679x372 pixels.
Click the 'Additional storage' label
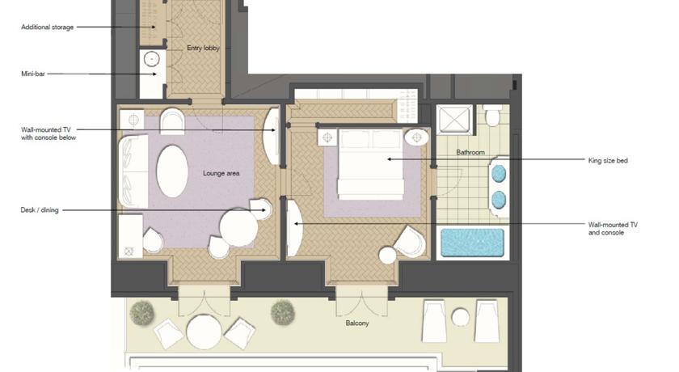(x=47, y=27)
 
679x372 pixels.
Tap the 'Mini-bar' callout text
(x=33, y=74)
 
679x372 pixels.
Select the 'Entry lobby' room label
(x=203, y=48)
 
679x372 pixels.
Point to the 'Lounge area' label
(x=221, y=173)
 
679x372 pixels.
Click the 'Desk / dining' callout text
(x=40, y=210)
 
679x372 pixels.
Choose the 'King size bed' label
(x=608, y=161)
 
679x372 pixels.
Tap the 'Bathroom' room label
(x=470, y=152)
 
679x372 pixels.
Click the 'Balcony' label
(x=357, y=323)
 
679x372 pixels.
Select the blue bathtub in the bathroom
(x=472, y=243)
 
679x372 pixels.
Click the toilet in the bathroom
(x=492, y=116)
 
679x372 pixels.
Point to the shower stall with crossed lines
(x=454, y=118)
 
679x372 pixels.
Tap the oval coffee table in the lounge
(x=172, y=171)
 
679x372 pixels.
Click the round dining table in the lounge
(x=238, y=227)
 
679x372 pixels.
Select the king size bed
(x=371, y=164)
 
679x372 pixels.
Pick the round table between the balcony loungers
(x=460, y=317)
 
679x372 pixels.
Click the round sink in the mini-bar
(x=152, y=59)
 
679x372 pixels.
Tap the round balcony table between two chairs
(x=204, y=332)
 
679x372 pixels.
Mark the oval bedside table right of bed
(x=416, y=137)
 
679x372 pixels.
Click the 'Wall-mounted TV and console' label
(x=613, y=229)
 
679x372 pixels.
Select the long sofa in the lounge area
(x=133, y=171)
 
